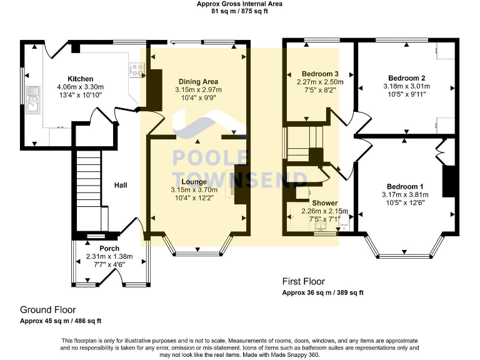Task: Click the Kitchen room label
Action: tap(80, 79)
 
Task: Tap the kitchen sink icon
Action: tap(33, 99)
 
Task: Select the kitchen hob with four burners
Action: tap(137, 70)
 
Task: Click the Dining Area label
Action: tap(198, 81)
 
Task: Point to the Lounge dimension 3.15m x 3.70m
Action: tap(194, 190)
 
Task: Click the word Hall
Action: tap(121, 185)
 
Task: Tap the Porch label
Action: tap(109, 248)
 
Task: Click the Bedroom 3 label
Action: tap(320, 74)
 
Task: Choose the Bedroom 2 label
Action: tap(406, 78)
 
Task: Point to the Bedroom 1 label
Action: tap(405, 186)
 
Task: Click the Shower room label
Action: tap(325, 203)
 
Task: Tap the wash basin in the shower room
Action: tap(321, 226)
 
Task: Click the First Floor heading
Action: tap(303, 281)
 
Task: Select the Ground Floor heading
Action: tap(47, 310)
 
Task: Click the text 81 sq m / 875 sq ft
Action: tap(240, 11)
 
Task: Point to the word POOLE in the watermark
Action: tap(210, 157)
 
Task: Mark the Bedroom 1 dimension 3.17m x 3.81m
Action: tap(405, 194)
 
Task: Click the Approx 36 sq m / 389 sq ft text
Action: tap(322, 292)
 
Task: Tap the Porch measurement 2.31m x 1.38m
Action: tap(109, 256)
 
